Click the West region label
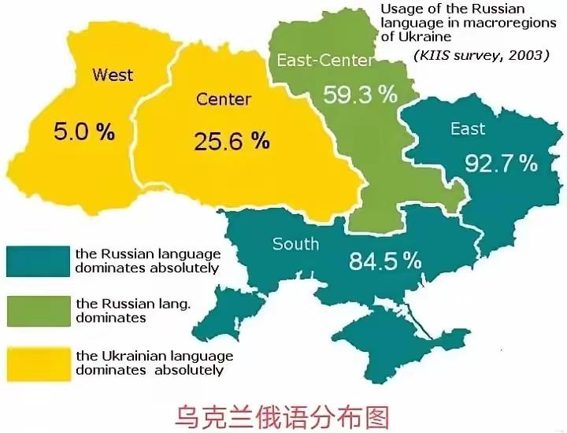(113, 76)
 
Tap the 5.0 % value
(83, 131)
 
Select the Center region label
(224, 99)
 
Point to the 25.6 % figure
(232, 141)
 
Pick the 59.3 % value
(361, 95)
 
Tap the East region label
(468, 129)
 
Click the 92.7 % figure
(501, 163)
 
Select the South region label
(295, 243)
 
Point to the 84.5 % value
(386, 261)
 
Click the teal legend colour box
(37, 261)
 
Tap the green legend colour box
(37, 310)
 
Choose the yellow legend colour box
(37, 362)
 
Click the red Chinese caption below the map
(283, 414)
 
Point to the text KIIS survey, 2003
(480, 56)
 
